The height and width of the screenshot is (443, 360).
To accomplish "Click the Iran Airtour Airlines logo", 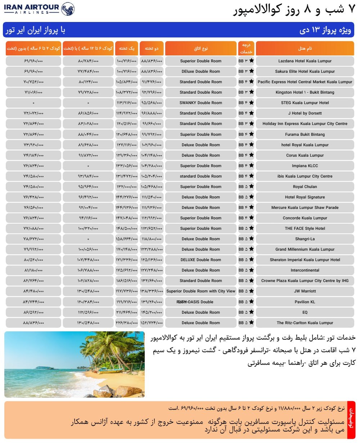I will tap(39, 9).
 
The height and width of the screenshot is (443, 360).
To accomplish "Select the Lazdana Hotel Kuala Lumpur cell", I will tap(305, 61).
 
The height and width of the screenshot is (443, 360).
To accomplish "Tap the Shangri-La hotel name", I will tap(305, 239).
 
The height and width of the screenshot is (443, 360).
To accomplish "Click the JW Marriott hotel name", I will tap(305, 291).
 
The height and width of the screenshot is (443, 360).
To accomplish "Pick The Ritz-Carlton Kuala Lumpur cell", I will tap(305, 323).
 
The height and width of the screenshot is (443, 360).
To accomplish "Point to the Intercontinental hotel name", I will tap(305, 270).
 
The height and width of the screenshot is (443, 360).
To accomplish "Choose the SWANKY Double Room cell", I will tap(201, 103).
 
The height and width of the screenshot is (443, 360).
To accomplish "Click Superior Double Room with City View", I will tap(201, 291).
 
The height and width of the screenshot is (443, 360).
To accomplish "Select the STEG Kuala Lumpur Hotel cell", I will tap(305, 103).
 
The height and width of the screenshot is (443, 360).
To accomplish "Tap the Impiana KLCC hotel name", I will tap(305, 166).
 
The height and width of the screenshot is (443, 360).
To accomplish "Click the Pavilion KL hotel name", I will tap(305, 302).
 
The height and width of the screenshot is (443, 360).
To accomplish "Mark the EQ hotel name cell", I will tap(305, 312).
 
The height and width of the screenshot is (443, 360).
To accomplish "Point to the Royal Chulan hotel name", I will tap(305, 187).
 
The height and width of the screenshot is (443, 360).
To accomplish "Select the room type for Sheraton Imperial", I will tap(201, 260).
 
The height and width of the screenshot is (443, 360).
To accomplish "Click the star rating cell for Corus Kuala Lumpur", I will tap(246, 155).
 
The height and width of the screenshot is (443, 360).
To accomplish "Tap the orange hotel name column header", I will tap(305, 49).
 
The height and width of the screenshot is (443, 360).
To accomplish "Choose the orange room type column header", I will tap(201, 49).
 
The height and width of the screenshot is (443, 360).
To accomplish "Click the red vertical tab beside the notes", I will tap(351, 420).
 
